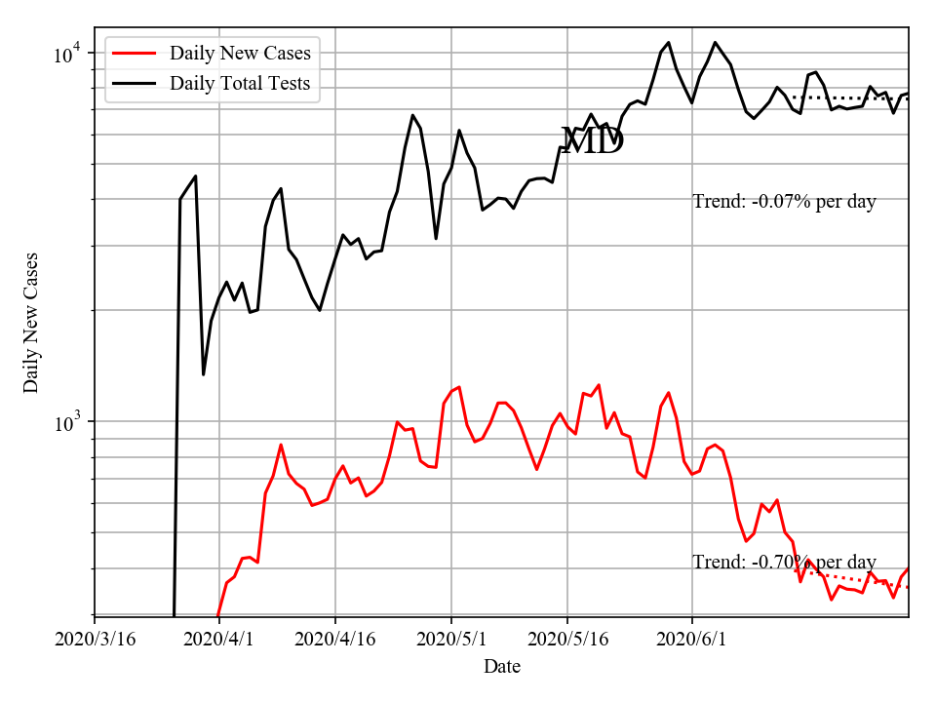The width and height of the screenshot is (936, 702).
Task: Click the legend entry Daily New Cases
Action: (x=240, y=53)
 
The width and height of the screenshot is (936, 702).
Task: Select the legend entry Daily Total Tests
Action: (x=240, y=83)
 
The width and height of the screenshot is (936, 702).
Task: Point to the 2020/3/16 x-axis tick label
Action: (x=95, y=640)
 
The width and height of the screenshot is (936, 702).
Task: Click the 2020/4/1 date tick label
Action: (x=218, y=640)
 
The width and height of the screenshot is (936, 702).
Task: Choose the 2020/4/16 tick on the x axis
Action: (x=335, y=640)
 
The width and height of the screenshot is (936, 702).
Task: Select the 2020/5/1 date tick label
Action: (x=451, y=640)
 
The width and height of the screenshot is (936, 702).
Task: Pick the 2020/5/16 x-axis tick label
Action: (x=567, y=640)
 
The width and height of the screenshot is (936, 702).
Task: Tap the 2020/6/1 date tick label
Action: (x=692, y=640)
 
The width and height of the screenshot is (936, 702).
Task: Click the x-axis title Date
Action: (x=502, y=668)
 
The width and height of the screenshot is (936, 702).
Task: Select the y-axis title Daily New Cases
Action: (x=32, y=323)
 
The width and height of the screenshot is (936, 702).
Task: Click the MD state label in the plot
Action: (x=593, y=142)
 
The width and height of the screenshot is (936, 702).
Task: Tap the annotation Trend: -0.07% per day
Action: (x=784, y=202)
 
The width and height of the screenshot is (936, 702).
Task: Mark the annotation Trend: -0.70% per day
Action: (x=784, y=563)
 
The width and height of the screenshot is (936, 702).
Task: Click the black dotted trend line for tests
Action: (x=848, y=97)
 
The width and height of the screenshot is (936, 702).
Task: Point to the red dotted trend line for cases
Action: (x=858, y=580)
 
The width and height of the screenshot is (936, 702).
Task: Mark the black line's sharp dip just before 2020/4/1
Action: (x=203, y=373)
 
